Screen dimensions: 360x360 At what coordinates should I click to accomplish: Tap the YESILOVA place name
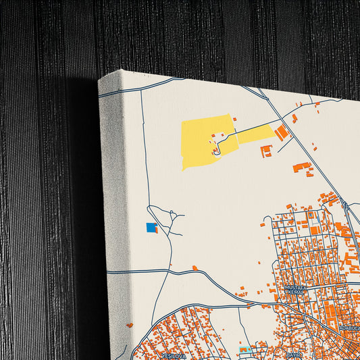point(173,354)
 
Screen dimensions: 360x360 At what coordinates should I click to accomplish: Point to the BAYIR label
point(292,353)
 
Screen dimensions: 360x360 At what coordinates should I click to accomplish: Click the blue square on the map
point(151,228)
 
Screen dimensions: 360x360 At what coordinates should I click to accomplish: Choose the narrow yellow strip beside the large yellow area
point(255,134)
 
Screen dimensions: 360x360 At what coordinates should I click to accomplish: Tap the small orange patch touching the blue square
point(156,230)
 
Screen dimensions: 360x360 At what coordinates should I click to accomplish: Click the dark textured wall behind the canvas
point(41,169)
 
